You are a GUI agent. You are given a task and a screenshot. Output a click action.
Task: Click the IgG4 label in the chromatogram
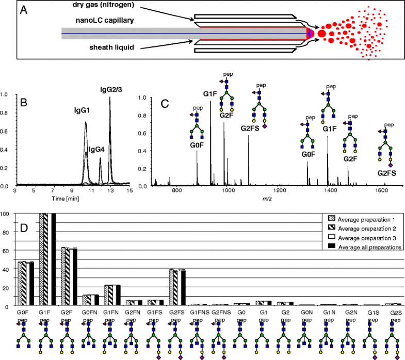click(x=99, y=150)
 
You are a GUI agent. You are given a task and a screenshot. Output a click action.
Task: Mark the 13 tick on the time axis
click(x=110, y=190)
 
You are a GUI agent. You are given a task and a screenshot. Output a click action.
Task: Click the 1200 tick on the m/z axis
click(x=280, y=190)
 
